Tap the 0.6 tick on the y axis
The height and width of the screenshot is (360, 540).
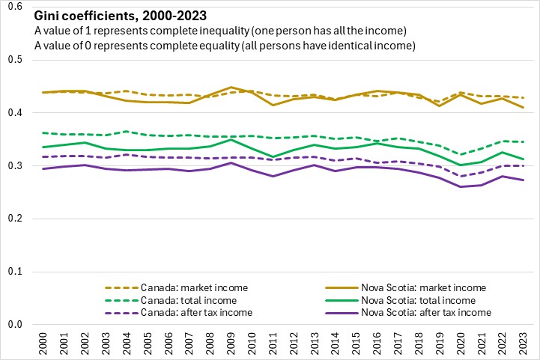point(15,7)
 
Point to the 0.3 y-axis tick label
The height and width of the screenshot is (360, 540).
point(15,165)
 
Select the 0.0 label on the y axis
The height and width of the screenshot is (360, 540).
point(15,324)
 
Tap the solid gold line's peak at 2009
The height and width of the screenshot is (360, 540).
point(232,88)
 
